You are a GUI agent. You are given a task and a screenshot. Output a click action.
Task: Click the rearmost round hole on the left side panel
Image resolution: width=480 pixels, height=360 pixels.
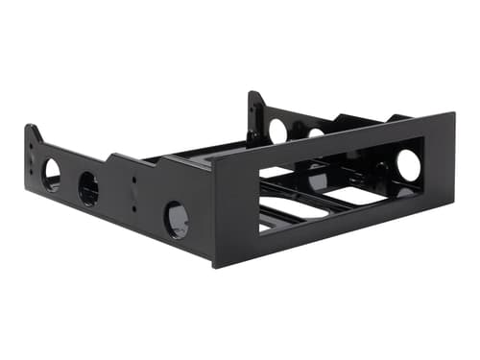(52, 174)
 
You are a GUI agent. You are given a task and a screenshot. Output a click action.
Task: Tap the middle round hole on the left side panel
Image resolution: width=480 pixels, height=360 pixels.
(88, 188)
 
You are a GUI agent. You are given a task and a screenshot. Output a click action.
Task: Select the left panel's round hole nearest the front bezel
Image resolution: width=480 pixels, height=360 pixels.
(177, 219)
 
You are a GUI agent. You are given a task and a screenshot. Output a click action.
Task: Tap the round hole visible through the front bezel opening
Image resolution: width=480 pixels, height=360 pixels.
(408, 165)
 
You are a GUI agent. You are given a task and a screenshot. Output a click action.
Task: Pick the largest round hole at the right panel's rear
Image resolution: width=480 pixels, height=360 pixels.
(278, 130)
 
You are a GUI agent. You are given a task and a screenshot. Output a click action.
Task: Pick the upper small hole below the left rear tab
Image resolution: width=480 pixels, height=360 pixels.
(32, 155)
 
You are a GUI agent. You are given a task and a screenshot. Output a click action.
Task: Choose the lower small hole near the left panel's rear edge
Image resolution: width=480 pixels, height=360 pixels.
(32, 172)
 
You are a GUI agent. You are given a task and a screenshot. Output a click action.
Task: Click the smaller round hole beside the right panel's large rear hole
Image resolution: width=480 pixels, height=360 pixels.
(315, 132)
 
